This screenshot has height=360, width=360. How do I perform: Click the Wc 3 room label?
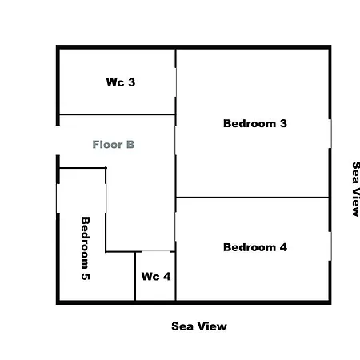(x=121, y=82)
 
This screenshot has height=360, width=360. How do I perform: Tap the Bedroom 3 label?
(x=255, y=123)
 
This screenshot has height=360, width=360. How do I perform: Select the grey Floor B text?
(x=114, y=145)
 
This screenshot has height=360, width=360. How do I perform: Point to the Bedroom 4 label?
(x=255, y=247)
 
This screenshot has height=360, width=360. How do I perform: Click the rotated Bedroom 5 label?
(x=86, y=248)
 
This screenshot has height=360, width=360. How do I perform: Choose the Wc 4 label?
(x=156, y=277)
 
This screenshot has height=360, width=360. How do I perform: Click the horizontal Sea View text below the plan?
(x=199, y=326)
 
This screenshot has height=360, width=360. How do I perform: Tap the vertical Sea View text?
(x=356, y=189)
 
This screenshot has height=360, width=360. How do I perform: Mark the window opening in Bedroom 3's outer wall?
(x=330, y=134)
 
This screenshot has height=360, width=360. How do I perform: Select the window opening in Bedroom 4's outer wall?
(x=330, y=246)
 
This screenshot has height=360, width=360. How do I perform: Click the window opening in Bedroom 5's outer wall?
(x=58, y=198)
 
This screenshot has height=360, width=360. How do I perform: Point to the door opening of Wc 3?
(x=175, y=82)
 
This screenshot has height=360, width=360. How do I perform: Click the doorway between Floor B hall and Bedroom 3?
(x=175, y=140)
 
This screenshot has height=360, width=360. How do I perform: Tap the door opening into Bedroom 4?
(x=175, y=227)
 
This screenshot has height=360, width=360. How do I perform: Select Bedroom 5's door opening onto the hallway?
(x=106, y=198)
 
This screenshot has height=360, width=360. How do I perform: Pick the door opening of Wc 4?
(x=156, y=251)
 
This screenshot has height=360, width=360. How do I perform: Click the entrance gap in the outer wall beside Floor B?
(x=58, y=140)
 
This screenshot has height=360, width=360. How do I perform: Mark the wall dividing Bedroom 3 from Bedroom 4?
(x=252, y=198)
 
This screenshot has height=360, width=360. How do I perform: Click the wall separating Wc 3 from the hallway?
(x=118, y=114)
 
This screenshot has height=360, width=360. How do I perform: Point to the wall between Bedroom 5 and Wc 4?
(x=135, y=276)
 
